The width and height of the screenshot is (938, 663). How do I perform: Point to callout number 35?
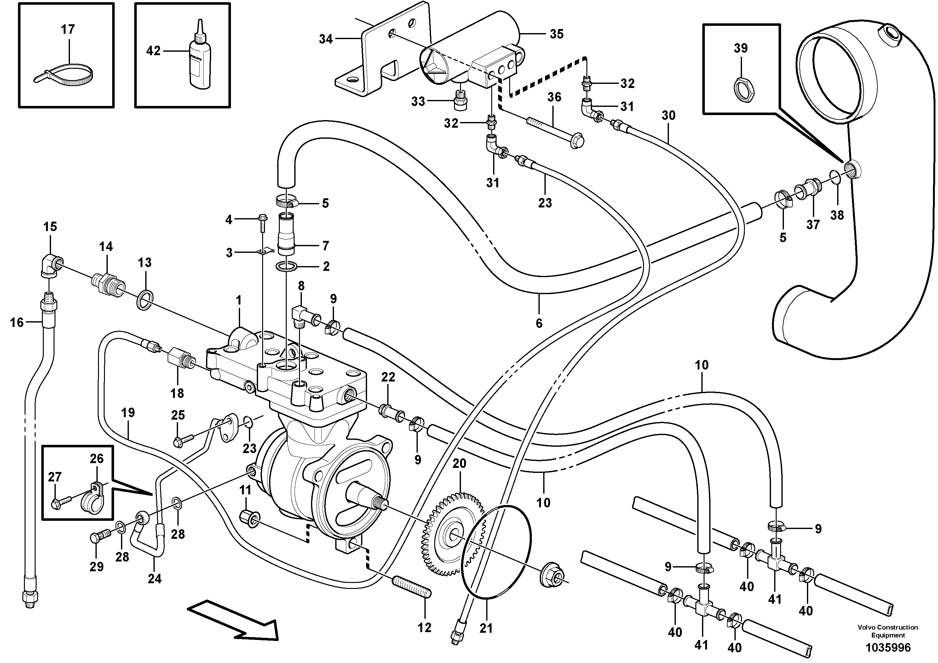556,34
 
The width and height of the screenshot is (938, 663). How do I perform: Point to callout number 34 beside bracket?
325,39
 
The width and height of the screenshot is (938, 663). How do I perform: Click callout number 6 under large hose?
539,323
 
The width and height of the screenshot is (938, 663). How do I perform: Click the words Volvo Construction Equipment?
888,631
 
